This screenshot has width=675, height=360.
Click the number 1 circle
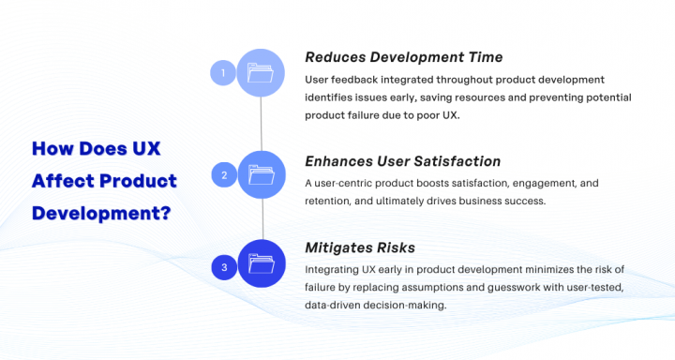[x=223, y=72]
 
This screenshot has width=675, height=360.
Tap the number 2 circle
[x=223, y=174]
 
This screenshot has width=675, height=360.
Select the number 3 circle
[x=223, y=267]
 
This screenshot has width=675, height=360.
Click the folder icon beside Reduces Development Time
[x=262, y=72]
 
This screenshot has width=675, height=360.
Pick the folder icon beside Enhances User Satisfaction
[x=262, y=174]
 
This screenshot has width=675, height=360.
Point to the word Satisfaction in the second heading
[x=454, y=161]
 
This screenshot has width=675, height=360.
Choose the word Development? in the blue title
[x=101, y=212]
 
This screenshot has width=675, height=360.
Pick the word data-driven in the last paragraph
[x=336, y=305]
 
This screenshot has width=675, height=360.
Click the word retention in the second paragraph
[x=332, y=200]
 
